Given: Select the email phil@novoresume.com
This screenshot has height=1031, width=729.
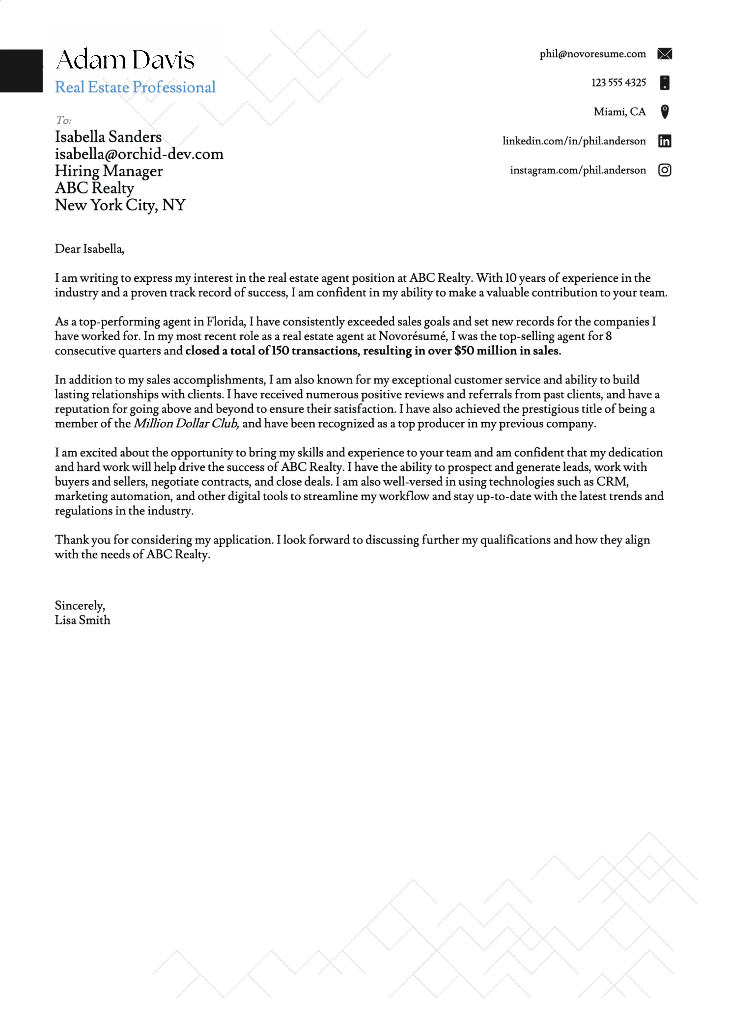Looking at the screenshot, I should point(592,54).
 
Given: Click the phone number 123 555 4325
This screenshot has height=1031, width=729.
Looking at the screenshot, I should point(618,83).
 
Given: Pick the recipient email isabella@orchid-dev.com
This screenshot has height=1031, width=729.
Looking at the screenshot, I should point(139,154).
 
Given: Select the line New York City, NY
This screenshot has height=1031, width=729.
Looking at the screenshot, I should point(120,205).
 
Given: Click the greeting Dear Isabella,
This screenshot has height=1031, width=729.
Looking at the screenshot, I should point(89,249).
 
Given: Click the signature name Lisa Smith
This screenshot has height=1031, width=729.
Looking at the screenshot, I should point(82,620).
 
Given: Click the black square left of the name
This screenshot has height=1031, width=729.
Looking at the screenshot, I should point(21,71).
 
